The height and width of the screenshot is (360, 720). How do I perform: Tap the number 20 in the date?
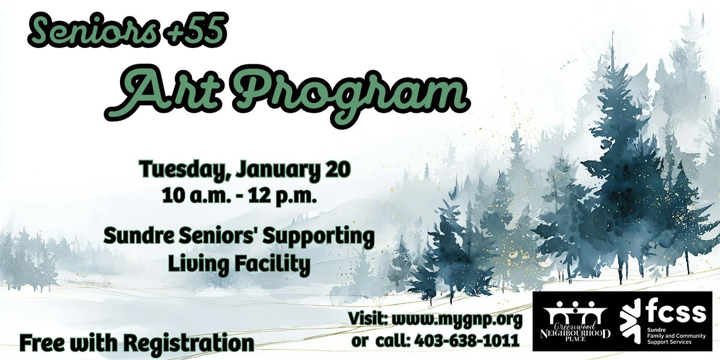(x=335, y=169)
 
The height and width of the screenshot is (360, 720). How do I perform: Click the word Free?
(x=43, y=343)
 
